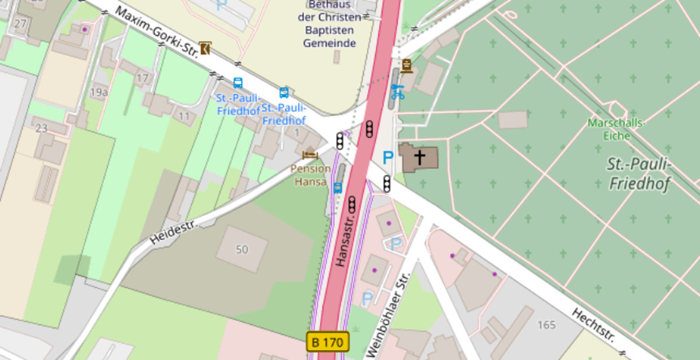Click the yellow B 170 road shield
(328, 342)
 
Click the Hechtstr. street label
(594, 326)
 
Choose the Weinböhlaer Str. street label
(387, 316)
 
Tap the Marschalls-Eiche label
(617, 130)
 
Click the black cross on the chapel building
(419, 156)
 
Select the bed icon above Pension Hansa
(310, 155)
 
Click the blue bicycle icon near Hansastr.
(397, 92)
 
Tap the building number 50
(242, 250)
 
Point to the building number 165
(546, 325)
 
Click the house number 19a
(99, 92)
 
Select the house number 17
(142, 78)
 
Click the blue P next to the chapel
(388, 158)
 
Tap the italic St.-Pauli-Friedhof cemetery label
(639, 174)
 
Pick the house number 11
(184, 116)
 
